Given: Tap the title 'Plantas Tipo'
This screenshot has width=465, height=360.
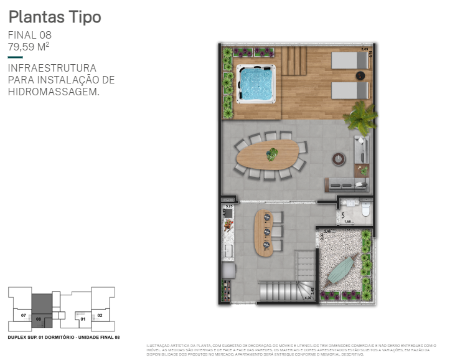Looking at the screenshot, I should pos(55,17).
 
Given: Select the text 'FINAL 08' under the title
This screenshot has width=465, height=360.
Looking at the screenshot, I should pos(29,35).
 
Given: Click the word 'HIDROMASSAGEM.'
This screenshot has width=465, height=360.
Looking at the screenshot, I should pos(54,92).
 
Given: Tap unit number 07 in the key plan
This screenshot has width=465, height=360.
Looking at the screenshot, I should pos(23,316).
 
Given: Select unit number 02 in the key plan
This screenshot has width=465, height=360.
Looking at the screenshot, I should pos(100,316).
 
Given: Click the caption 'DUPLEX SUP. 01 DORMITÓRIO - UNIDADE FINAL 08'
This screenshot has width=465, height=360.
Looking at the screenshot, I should pos(63,337).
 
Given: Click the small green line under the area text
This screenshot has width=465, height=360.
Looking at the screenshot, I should pos(15,57).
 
